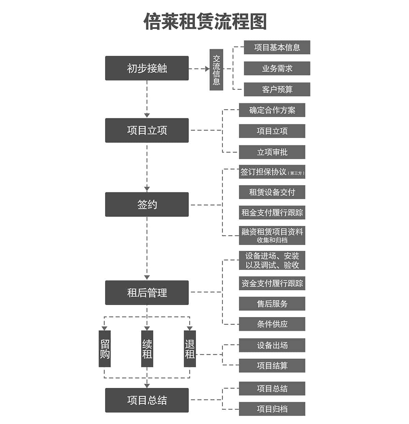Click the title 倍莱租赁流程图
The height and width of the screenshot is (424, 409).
pos(205,22)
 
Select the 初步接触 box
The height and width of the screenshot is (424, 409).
pos(147,68)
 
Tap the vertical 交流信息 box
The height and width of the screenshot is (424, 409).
pos(216,70)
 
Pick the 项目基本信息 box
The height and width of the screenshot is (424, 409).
pos(277,47)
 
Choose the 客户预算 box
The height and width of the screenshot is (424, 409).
pos(277,89)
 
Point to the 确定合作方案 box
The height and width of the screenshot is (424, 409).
pos(272,110)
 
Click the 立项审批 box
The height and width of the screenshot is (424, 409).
pos(272,152)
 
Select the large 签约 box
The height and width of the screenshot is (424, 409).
pos(147,205)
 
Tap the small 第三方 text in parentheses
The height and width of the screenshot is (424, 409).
pos(296,173)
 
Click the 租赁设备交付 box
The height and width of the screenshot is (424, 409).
pos(272,192)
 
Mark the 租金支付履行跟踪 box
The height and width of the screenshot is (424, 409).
pos(272,213)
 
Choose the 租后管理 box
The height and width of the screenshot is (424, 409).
pos(147,292)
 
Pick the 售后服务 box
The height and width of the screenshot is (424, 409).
pos(272,304)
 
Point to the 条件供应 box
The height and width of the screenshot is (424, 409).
pos(272,324)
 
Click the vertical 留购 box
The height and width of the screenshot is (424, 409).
pos(105,349)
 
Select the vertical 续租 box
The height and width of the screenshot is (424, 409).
pos(147,349)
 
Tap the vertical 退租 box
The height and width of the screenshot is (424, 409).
pos(190,349)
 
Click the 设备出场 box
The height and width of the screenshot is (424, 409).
pos(272,345)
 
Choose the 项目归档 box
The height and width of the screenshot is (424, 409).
pos(272,409)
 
